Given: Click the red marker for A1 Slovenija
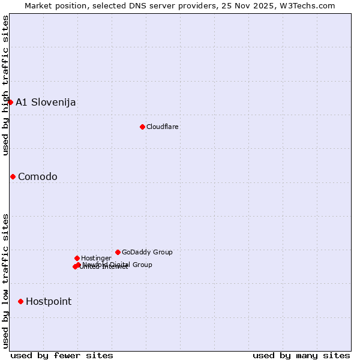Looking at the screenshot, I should click(10, 102).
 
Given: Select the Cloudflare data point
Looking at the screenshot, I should click(142, 127).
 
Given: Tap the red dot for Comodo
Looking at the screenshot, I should click(13, 176).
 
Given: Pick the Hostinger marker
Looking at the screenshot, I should click(77, 258).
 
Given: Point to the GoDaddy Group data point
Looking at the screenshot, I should click(118, 252).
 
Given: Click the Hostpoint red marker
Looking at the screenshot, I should click(20, 301).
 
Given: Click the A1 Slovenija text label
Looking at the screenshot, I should click(46, 102).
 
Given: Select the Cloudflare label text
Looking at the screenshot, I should click(163, 127).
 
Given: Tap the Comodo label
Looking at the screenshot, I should click(38, 176).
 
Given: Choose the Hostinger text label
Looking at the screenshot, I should click(96, 258).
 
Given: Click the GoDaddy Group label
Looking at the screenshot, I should click(147, 252).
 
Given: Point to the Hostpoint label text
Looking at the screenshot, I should click(49, 301).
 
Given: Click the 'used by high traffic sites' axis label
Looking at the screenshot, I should click(5, 85).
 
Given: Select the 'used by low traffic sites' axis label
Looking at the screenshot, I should click(5, 281).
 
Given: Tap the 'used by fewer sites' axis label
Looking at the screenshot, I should click(62, 355).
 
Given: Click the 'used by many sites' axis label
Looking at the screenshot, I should click(301, 355).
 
